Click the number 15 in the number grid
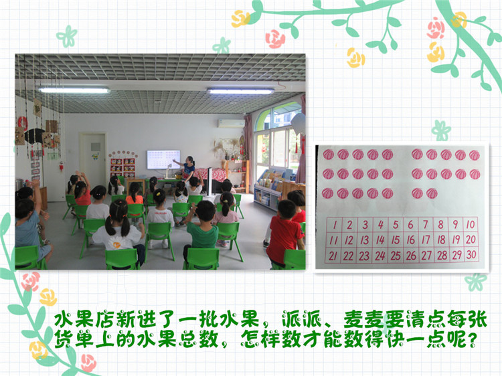[396, 240]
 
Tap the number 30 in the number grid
[471, 255]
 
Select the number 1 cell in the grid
[334, 225]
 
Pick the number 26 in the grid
[411, 256]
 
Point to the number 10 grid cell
[471, 224]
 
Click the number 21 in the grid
[333, 256]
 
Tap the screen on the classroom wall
[163, 159]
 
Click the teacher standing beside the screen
[187, 168]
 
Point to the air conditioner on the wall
[231, 124]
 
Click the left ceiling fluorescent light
[74, 90]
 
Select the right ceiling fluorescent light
[241, 91]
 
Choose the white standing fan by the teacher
[210, 181]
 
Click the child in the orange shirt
[135, 200]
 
